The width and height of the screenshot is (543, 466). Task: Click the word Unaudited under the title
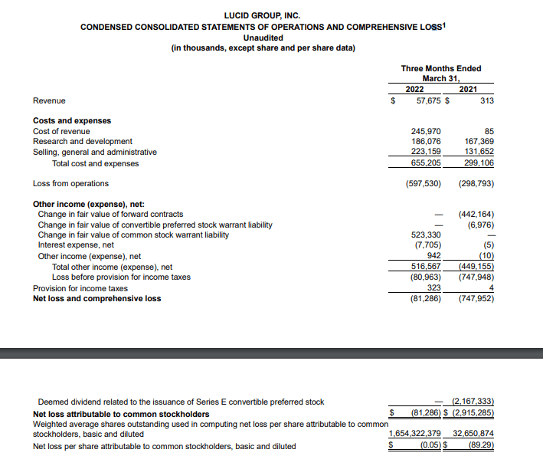(x=263, y=38)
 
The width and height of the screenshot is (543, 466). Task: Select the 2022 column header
(x=414, y=89)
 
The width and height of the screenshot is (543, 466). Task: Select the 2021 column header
(x=468, y=89)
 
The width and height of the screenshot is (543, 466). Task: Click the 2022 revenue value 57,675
(x=426, y=100)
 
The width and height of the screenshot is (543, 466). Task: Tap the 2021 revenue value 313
(x=486, y=100)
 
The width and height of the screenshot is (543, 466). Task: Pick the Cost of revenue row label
(x=61, y=131)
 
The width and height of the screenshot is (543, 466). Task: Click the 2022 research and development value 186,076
(x=426, y=142)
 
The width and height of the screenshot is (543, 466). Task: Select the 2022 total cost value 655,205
(x=426, y=163)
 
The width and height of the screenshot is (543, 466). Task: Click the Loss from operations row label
(x=70, y=183)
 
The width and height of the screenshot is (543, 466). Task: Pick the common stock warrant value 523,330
(x=426, y=235)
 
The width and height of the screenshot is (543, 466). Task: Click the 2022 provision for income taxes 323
(x=433, y=288)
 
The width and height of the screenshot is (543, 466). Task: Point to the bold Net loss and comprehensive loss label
(x=96, y=298)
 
